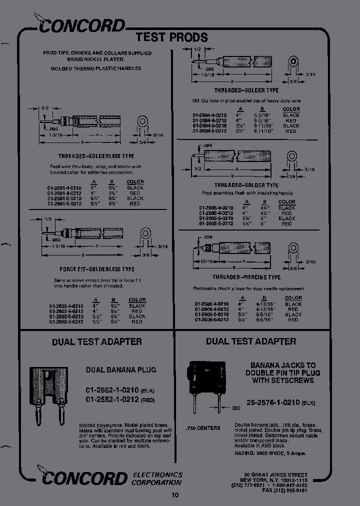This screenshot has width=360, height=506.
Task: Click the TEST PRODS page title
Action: point(171,37)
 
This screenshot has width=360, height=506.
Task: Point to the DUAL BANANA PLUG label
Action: point(121,370)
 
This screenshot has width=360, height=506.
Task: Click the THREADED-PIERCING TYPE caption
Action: point(246,277)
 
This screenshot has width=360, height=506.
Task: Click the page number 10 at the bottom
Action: point(175,495)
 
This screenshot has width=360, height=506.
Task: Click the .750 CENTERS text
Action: point(202,428)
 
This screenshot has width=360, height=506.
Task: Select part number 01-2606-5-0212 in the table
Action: point(211,319)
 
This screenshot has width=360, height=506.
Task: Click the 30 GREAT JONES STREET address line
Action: point(276,474)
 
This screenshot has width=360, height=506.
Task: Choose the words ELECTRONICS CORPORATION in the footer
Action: point(157,478)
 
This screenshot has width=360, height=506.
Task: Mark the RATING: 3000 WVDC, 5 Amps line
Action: point(270,453)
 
